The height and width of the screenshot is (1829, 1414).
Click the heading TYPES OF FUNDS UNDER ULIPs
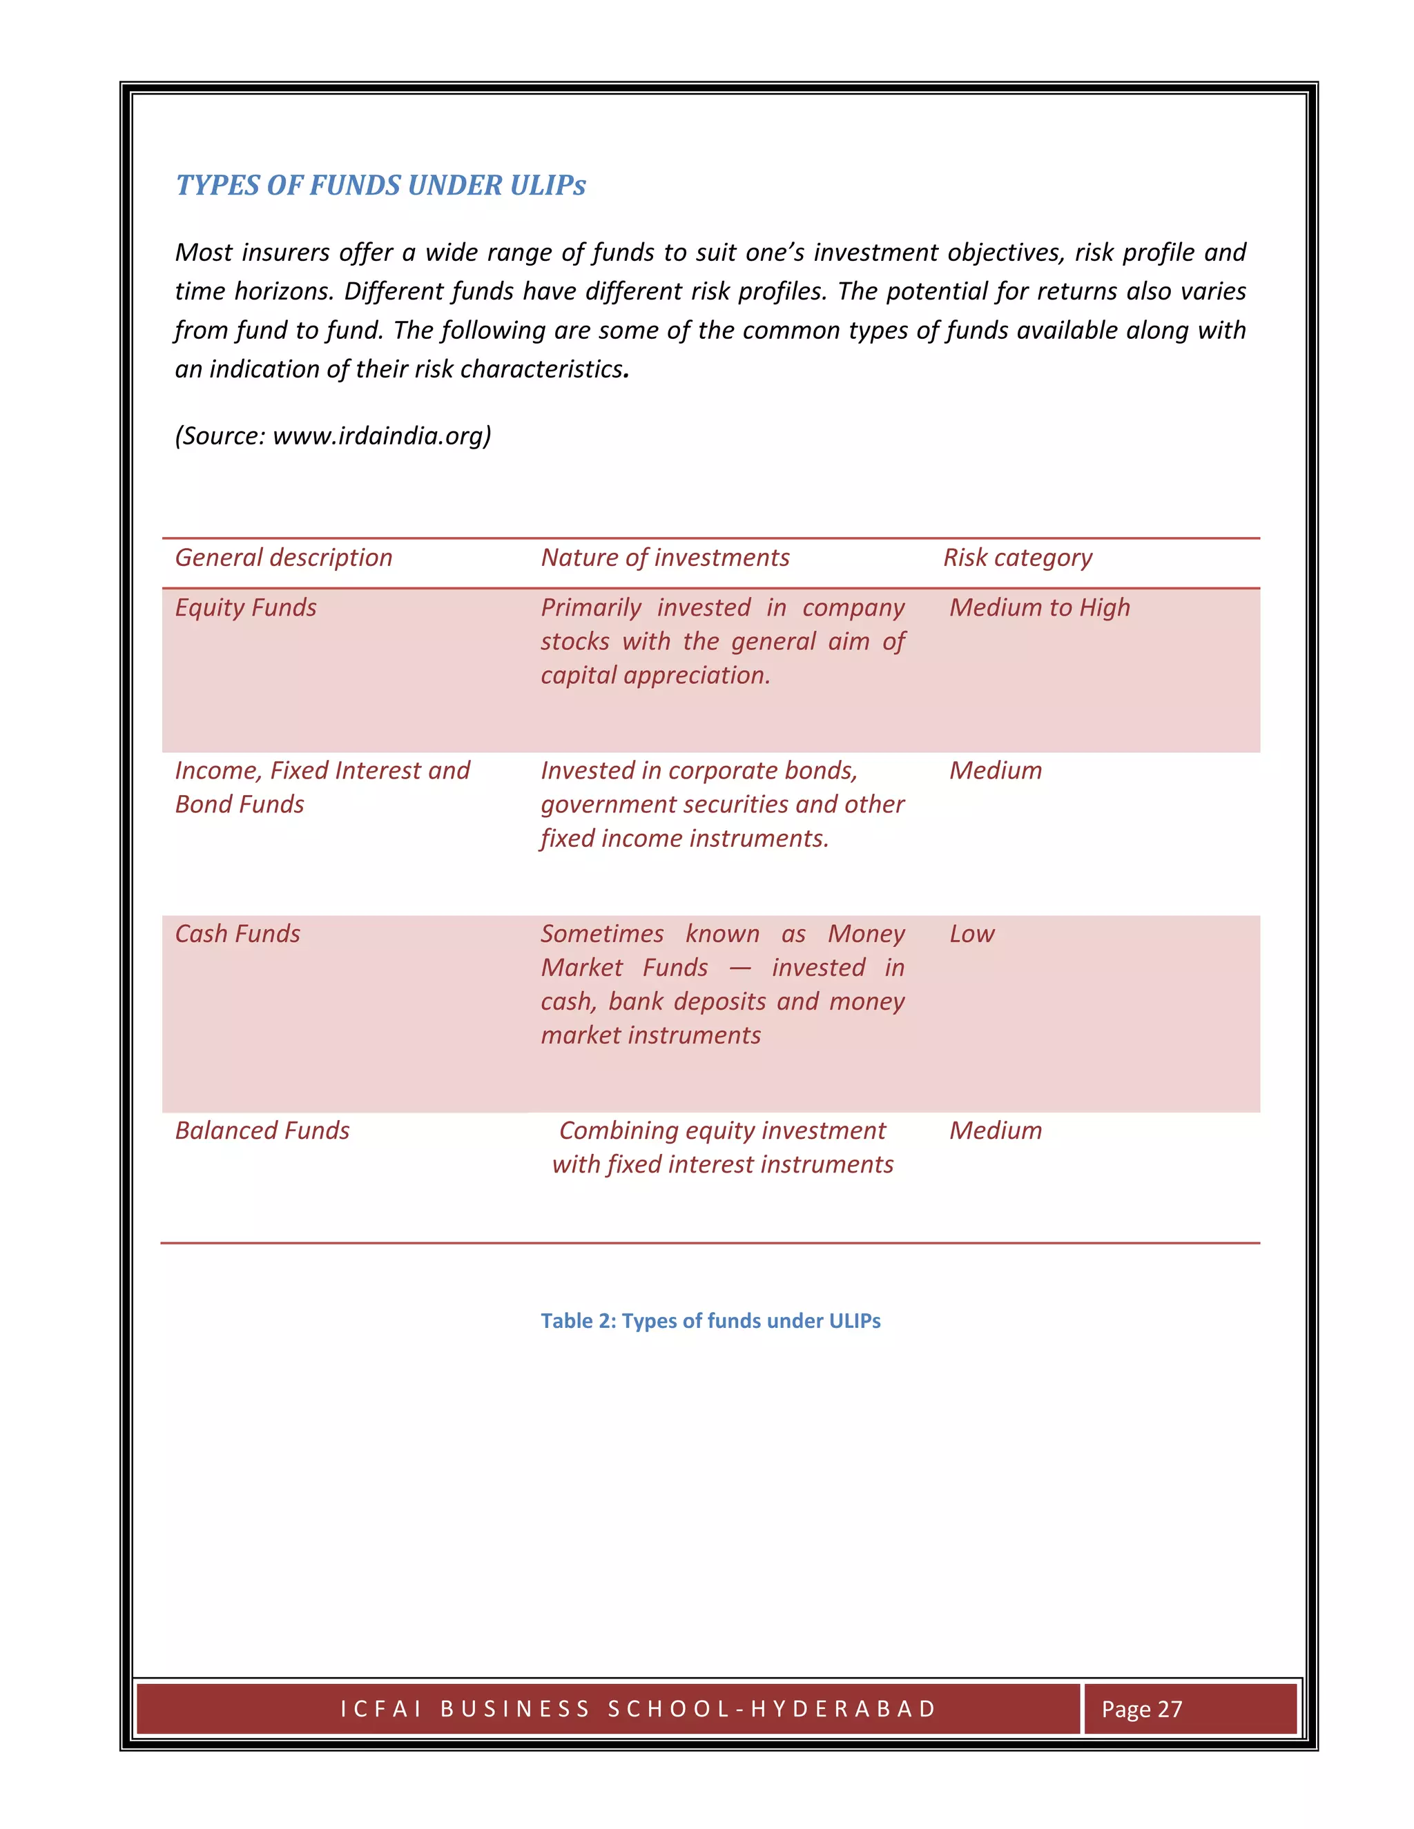point(380,185)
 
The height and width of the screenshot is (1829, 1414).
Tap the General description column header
point(283,558)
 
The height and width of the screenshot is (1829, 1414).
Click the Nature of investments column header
point(664,558)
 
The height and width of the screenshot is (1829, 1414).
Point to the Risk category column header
point(1017,558)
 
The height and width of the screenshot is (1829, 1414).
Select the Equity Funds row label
point(245,607)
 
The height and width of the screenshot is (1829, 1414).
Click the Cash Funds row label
point(237,934)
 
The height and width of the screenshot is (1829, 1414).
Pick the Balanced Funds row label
point(262,1131)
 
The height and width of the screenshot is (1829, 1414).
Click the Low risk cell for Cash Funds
point(971,934)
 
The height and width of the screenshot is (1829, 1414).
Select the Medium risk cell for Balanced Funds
point(995,1131)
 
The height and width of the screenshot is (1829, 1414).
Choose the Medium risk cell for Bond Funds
point(995,770)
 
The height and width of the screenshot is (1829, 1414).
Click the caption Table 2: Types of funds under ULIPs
point(710,1320)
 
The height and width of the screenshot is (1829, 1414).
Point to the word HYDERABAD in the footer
point(844,1708)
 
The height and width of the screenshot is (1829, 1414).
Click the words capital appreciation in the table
point(655,675)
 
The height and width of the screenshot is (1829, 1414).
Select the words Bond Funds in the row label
point(240,804)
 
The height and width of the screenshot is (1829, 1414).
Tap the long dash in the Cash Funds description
point(739,968)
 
